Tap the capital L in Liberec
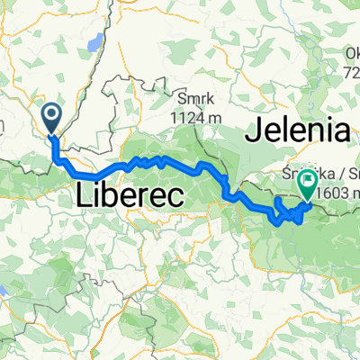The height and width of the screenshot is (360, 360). point(82,193)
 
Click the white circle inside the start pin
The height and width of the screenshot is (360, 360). point(52,114)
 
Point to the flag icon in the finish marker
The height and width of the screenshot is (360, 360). point(307,183)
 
